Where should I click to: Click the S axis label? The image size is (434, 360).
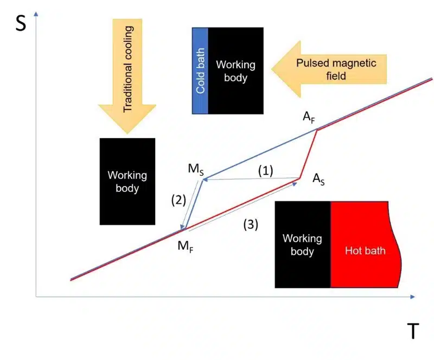coord(21,23)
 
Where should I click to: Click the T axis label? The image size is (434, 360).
coord(413,331)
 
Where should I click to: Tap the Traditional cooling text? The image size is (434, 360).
coord(127,69)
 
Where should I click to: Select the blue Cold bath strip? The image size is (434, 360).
coord(200,70)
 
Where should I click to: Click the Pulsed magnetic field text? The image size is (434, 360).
coord(336,69)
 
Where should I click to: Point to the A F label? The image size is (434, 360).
coord(309,117)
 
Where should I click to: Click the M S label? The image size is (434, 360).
coord(196,169)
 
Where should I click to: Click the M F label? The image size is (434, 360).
coord(186,246)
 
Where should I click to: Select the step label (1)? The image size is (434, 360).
coord(265,171)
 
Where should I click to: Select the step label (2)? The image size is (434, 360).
coord(178,200)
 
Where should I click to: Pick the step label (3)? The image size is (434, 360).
coord(251,224)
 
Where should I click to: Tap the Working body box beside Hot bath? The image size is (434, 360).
coord(303,245)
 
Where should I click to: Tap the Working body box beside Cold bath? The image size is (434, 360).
coord(235,70)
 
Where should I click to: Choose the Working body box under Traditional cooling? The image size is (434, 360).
coord(127,182)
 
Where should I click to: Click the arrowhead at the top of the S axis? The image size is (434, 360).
coord(36,13)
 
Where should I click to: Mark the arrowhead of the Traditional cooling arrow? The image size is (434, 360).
coord(127,133)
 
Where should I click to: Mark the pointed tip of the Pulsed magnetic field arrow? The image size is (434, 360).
coord(272,69)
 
